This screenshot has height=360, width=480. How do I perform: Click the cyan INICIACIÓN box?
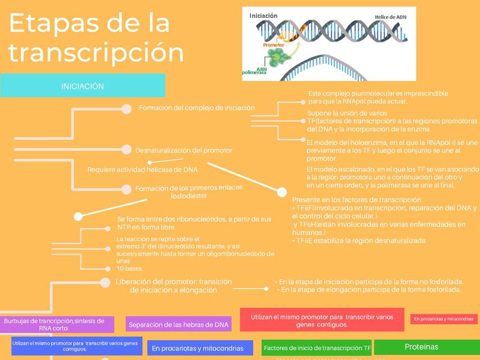tap(83, 86)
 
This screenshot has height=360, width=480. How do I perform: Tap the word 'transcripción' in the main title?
tap(96, 52)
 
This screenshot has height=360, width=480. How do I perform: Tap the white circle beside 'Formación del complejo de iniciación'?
tap(127, 108)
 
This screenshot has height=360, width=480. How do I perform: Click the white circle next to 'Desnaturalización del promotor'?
tap(127, 150)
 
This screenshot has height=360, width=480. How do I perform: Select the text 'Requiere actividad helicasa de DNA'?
tap(142, 169)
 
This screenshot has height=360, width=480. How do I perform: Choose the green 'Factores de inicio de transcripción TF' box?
tap(317, 348)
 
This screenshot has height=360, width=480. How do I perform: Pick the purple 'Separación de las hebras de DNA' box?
tap(178, 325)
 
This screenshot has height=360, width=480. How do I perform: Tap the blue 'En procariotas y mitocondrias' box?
tap(201, 348)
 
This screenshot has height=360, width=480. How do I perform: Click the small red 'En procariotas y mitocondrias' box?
tap(443, 319)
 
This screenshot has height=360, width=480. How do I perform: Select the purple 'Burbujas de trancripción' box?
tap(55, 325)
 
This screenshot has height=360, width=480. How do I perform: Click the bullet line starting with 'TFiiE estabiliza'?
tap(358, 240)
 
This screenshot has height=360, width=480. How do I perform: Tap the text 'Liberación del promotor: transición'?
tap(173, 282)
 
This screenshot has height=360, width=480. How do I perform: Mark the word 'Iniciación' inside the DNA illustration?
tap(263, 16)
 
